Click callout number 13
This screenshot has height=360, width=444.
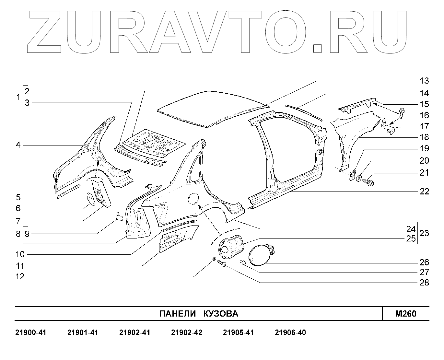coord(424,81)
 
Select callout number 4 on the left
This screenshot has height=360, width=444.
coord(18,145)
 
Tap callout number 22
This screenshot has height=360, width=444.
coord(424,192)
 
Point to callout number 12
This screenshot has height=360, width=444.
coord(20,277)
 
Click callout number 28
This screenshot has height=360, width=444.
coord(424,283)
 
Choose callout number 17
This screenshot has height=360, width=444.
coord(424,126)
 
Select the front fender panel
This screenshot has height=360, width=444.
coord(355,133)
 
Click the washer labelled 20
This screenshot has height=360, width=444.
coord(359,178)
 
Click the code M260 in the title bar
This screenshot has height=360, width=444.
coord(406,314)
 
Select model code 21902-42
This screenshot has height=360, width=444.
coord(186,333)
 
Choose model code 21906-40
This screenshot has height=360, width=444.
coord(290,333)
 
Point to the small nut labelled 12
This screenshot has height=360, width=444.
coord(214,259)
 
